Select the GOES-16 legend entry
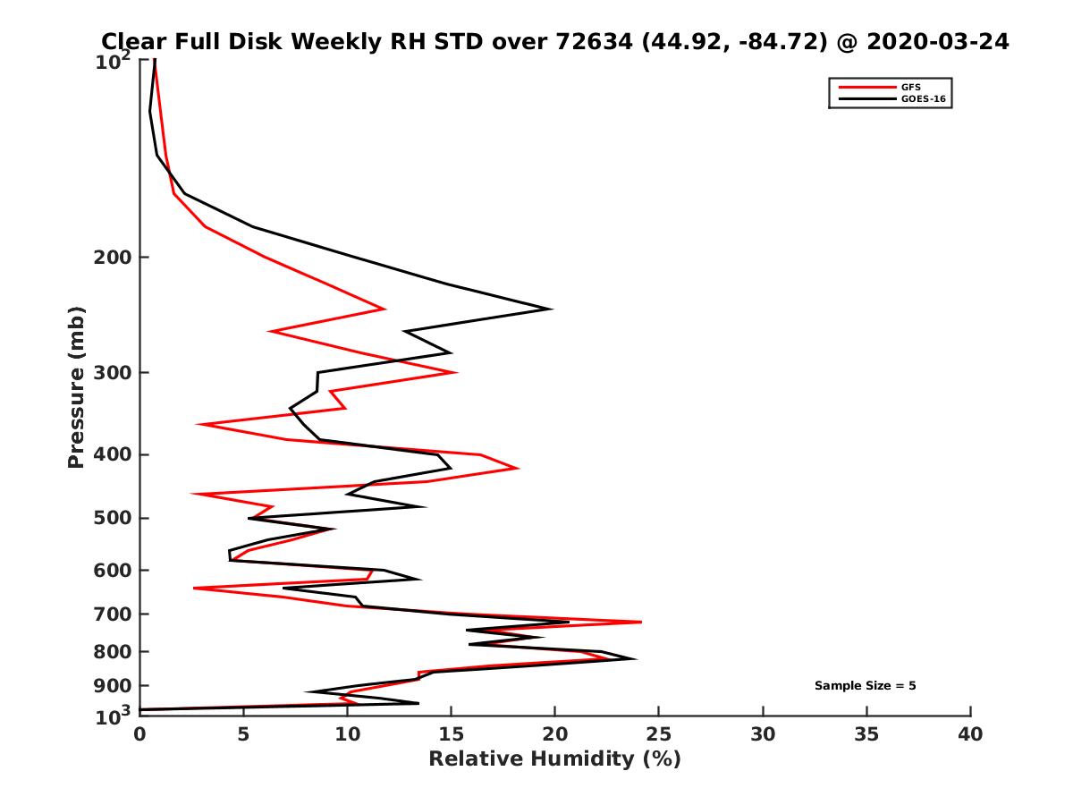(920, 99)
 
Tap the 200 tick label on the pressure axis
(109, 258)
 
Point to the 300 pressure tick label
(109, 372)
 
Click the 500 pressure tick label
(109, 518)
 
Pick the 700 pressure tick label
(109, 614)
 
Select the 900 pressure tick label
(109, 686)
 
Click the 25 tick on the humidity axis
(659, 735)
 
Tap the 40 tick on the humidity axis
(970, 735)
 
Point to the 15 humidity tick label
(451, 735)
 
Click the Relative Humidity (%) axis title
(554, 759)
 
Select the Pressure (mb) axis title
(76, 386)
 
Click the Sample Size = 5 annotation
(865, 686)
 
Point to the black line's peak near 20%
(551, 309)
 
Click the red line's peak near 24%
(640, 622)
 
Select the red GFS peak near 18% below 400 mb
(518, 468)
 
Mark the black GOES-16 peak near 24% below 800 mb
(635, 659)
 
